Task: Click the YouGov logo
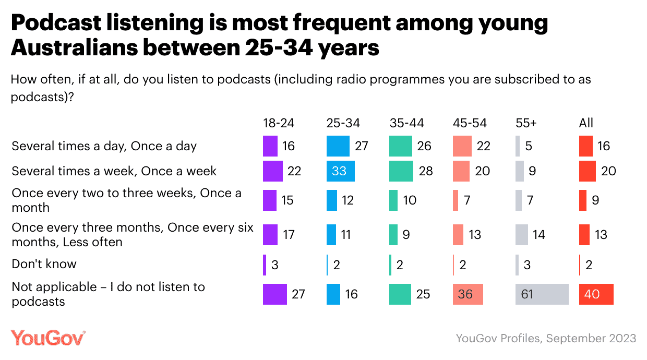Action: click(x=48, y=338)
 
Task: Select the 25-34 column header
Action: click(x=343, y=123)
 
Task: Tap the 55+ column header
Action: click(x=526, y=123)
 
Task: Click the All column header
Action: click(x=586, y=123)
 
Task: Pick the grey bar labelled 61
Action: click(x=542, y=294)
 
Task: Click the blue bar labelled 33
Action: click(x=341, y=171)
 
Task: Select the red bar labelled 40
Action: click(x=596, y=294)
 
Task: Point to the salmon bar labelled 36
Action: click(x=468, y=294)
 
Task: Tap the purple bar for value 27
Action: click(x=275, y=294)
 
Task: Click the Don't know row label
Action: click(x=44, y=264)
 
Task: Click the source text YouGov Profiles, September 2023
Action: click(x=546, y=338)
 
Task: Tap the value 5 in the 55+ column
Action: click(x=529, y=146)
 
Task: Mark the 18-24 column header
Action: click(x=279, y=123)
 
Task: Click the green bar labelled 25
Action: click(x=400, y=294)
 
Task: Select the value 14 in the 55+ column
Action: click(x=539, y=235)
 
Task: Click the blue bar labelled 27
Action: click(x=338, y=146)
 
